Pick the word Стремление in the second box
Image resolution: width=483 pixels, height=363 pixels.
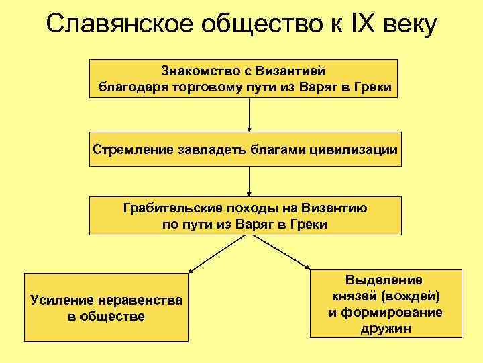coord(131,149)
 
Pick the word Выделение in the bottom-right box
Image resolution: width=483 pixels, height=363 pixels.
coord(384,280)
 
